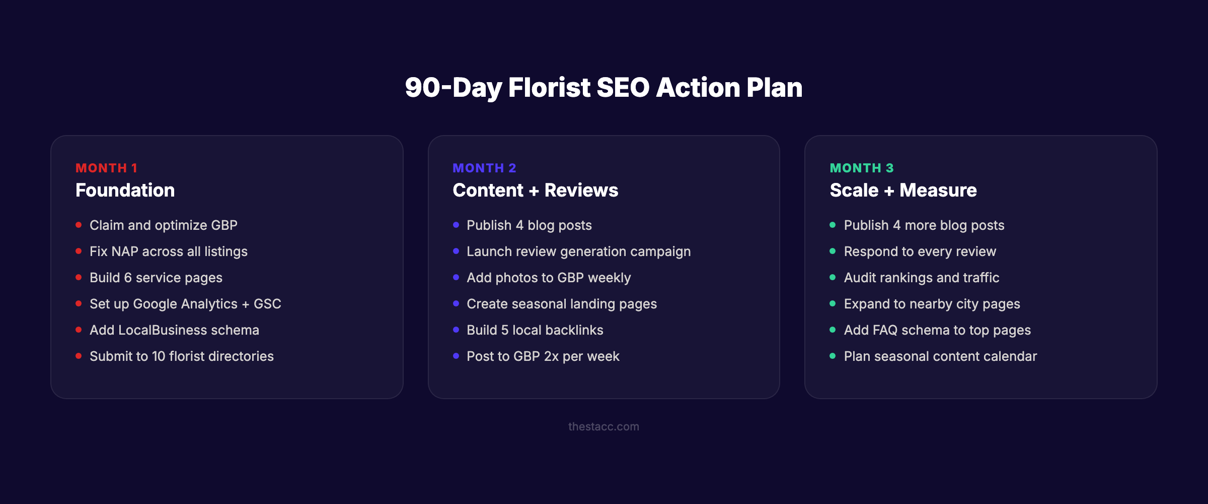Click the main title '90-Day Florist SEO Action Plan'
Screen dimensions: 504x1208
[603, 88]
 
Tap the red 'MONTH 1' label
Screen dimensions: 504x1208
[106, 168]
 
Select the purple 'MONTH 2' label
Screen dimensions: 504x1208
[484, 168]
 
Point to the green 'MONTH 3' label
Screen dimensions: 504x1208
[861, 168]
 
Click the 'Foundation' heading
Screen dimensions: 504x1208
[125, 191]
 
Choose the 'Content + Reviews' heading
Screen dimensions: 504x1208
[535, 191]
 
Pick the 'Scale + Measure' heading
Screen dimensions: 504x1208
[903, 191]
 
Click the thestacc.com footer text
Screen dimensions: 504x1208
[603, 426]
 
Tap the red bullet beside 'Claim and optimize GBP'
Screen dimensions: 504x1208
[79, 225]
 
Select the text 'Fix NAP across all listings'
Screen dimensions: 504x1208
[168, 251]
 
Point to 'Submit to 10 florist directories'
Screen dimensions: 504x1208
[181, 356]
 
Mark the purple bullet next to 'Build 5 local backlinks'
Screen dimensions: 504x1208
[456, 330]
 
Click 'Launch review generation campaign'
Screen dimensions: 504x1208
[578, 251]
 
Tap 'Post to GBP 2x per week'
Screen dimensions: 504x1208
[543, 356]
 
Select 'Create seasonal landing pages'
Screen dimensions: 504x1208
[561, 304]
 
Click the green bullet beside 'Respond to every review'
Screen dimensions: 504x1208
[833, 251]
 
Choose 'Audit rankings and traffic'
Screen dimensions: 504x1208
[921, 278]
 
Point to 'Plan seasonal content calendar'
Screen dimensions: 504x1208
[940, 356]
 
